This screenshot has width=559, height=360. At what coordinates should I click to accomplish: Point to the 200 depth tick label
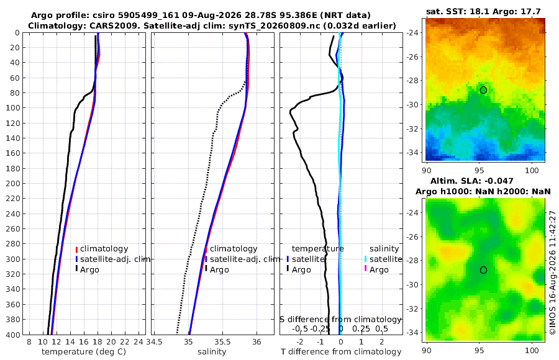(13, 183)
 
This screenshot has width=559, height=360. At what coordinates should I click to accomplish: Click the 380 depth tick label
(13, 320)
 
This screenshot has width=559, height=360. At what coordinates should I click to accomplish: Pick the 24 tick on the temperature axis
(139, 342)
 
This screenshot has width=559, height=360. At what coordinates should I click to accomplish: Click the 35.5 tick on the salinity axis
(222, 342)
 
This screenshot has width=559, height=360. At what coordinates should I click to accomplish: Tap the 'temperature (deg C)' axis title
(84, 352)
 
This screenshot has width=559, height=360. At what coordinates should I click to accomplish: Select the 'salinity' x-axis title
(212, 352)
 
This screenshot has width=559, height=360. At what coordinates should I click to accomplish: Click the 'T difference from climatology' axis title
(341, 352)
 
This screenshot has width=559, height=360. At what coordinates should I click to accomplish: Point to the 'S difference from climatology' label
(340, 320)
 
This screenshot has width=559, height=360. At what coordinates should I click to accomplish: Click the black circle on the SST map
(483, 90)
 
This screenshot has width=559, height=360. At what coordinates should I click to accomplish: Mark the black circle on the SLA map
(483, 270)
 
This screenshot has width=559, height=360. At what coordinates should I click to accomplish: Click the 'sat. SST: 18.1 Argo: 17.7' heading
(483, 11)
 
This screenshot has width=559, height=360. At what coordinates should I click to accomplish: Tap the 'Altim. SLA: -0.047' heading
(472, 181)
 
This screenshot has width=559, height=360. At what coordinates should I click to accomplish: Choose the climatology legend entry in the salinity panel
(230, 249)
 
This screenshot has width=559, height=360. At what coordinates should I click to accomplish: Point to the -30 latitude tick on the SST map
(413, 105)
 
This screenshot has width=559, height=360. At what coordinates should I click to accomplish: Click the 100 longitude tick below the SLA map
(532, 350)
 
